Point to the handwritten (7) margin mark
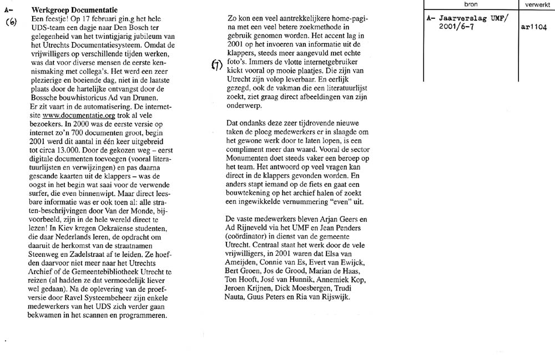point(217,65)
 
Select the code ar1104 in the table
point(533,27)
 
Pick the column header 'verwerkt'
point(536,4)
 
